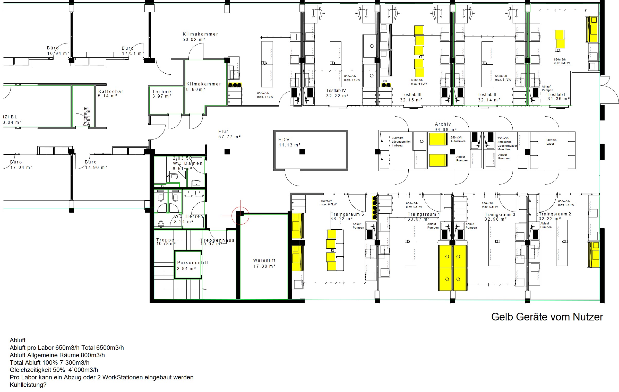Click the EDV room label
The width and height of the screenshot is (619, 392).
(284, 140)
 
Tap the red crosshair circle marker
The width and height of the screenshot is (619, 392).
(240, 216)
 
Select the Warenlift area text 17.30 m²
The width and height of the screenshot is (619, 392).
(264, 266)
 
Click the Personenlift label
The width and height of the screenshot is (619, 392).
(193, 263)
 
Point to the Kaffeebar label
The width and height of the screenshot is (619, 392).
(111, 91)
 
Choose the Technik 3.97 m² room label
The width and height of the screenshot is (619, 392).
(162, 94)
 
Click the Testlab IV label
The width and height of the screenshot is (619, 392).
(336, 90)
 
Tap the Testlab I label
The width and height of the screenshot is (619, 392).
(556, 94)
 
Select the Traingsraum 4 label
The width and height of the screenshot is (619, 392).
(424, 214)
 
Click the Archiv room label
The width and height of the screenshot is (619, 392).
(443, 124)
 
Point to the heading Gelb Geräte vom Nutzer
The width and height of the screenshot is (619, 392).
(547, 317)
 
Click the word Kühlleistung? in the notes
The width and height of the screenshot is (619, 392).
(28, 385)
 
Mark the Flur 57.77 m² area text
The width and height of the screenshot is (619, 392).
(229, 137)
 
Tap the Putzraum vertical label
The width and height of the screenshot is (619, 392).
(85, 116)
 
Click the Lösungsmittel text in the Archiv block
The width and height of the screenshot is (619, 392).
(401, 142)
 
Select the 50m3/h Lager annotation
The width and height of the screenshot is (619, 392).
(551, 142)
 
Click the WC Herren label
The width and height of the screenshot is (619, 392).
(189, 216)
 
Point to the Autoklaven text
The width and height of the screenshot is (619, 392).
(458, 141)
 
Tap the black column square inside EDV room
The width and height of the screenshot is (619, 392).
(302, 152)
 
